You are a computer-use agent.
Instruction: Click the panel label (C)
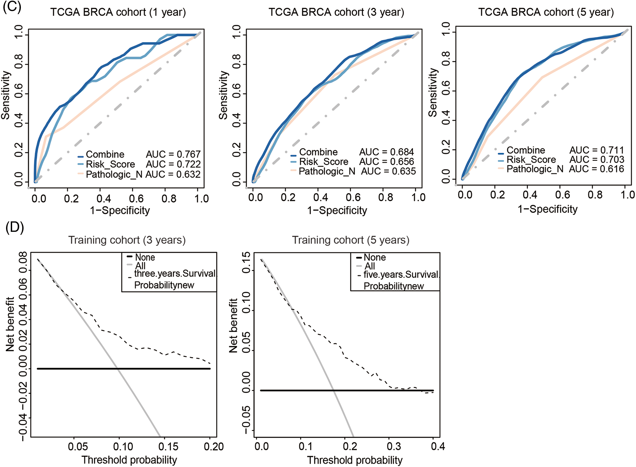(12, 7)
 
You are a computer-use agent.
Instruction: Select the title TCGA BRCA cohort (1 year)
(118, 12)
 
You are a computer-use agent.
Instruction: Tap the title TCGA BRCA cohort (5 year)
(546, 12)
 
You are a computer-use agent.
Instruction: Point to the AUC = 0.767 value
(173, 154)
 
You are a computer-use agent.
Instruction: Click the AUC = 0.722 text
(173, 164)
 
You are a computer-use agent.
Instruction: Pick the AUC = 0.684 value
(386, 152)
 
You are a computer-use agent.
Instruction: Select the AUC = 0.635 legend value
(388, 171)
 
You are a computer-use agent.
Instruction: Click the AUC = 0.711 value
(596, 150)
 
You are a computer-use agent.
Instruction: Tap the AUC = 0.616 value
(596, 169)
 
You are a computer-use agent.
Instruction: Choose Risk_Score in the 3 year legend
(323, 162)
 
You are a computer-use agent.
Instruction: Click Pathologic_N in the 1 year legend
(114, 174)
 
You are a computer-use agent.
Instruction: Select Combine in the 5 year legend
(526, 150)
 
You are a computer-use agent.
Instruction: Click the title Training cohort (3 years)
(127, 240)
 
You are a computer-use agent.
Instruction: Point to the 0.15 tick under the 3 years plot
(168, 446)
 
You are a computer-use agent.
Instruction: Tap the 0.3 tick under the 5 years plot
(394, 446)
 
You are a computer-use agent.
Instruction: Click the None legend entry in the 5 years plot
(375, 257)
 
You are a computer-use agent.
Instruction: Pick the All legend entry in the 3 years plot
(140, 266)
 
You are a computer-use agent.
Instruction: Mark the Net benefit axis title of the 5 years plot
(233, 325)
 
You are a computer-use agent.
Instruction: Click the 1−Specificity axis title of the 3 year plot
(337, 211)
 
